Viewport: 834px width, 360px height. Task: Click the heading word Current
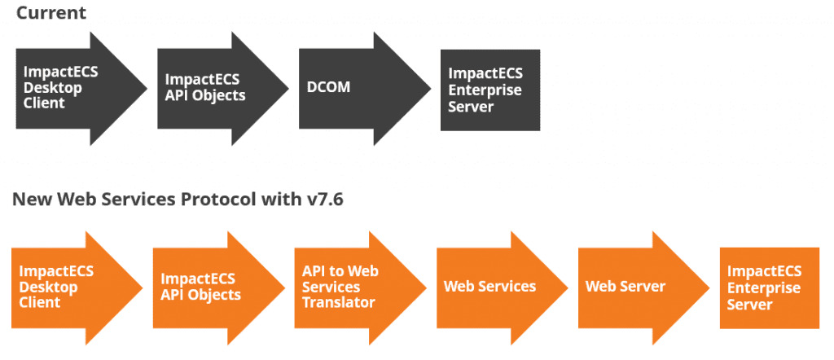point(51,13)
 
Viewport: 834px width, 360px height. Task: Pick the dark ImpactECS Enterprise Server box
point(489,90)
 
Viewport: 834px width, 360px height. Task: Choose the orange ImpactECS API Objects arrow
point(218,288)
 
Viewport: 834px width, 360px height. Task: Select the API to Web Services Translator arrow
point(360,288)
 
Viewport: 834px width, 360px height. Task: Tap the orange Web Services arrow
point(502,288)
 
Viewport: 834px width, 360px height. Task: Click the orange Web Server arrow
point(643,288)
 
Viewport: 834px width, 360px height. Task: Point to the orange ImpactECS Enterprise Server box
point(769,288)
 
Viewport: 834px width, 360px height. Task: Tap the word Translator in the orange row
point(339,302)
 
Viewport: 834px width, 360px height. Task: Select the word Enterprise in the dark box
point(485,90)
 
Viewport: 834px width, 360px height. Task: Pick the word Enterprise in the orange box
point(764,288)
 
